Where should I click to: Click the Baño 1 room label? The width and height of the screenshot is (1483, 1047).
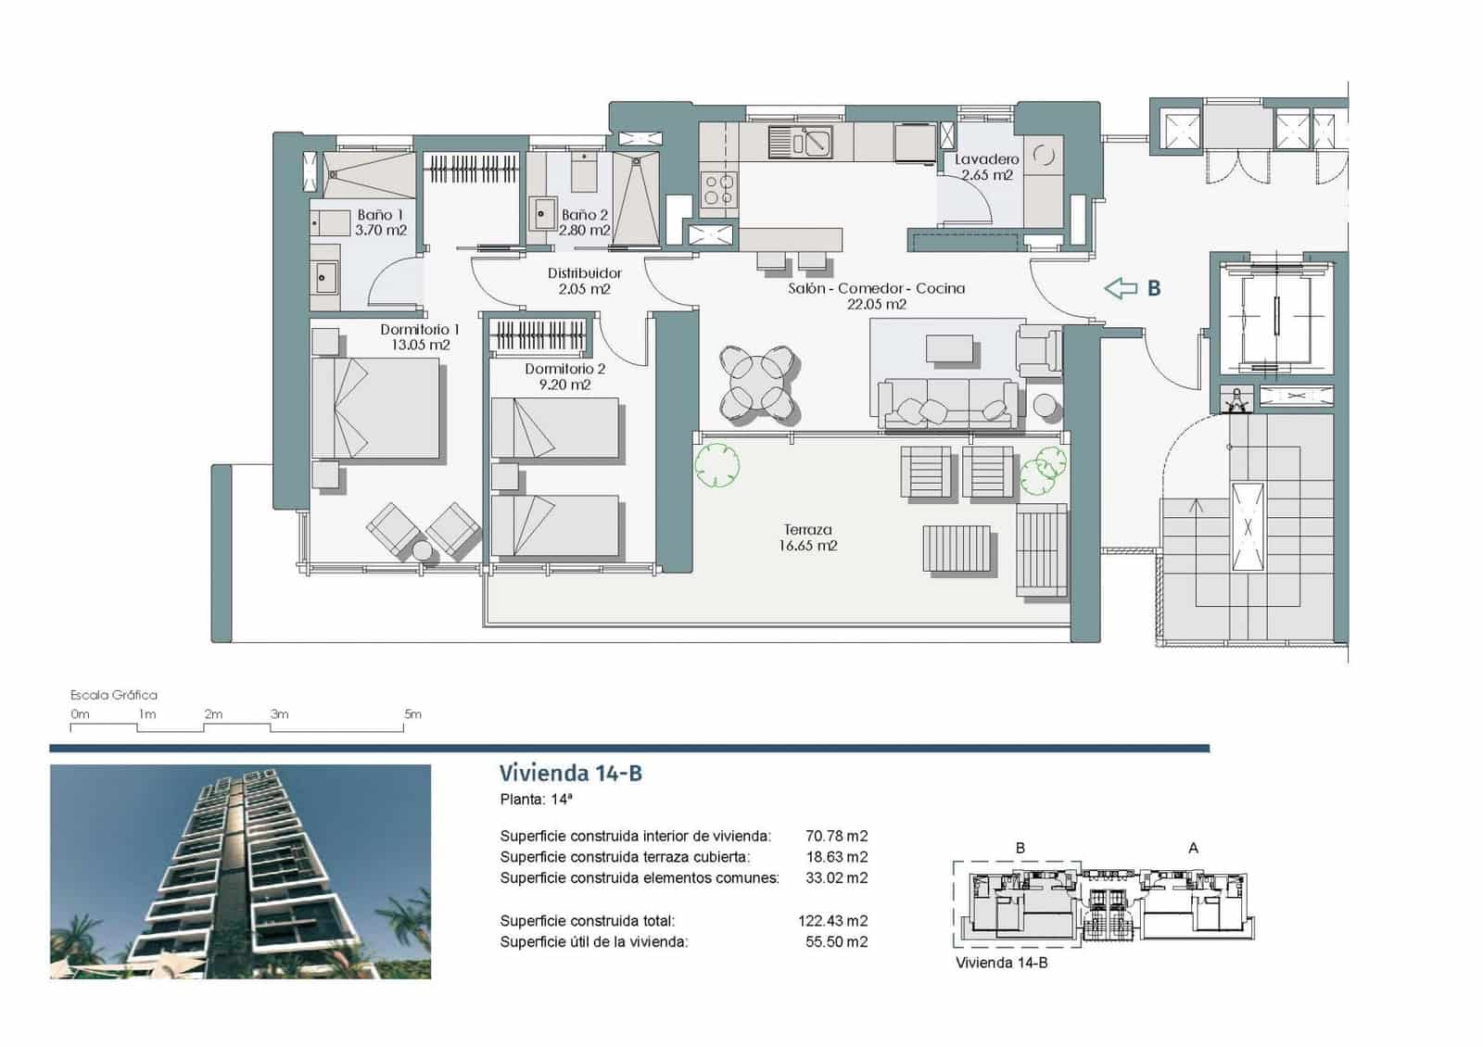[x=381, y=222]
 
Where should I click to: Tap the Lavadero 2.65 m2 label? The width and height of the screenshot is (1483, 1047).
[x=987, y=167]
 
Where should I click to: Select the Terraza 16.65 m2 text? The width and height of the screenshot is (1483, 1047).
[x=807, y=537]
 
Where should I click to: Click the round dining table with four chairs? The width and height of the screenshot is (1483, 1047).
[x=759, y=383]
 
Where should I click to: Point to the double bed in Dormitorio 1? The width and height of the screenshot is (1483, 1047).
[x=374, y=409]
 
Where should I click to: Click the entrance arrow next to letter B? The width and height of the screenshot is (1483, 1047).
[x=1121, y=288]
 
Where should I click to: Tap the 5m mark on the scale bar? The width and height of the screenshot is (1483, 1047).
[x=412, y=714]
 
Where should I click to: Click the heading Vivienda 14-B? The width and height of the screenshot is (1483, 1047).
[x=570, y=774]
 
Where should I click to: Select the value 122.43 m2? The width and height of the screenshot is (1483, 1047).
[x=832, y=921]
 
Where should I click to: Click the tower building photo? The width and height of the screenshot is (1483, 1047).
[x=240, y=871]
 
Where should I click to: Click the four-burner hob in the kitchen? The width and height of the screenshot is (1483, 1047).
[x=719, y=189]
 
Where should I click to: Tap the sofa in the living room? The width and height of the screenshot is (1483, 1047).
[x=949, y=404]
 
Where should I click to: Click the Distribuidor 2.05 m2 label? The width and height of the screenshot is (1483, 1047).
[x=584, y=281]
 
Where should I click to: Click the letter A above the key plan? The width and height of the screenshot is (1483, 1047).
[x=1193, y=848]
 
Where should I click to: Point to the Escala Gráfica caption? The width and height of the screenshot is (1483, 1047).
[x=114, y=695]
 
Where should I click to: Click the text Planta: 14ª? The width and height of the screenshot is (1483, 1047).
[x=537, y=800]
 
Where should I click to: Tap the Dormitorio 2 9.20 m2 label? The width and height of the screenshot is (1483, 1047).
[x=564, y=376]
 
